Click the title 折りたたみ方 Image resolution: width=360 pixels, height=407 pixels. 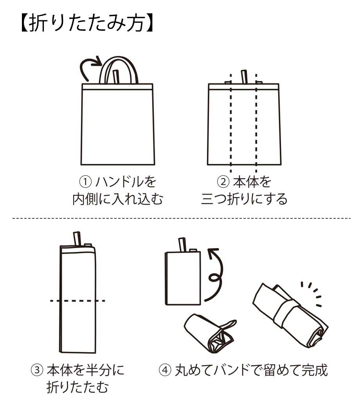point(87,23)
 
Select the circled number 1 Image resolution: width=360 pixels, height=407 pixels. point(85,182)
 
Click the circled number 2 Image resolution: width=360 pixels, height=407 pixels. point(223,182)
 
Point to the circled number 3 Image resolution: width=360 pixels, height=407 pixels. point(37,370)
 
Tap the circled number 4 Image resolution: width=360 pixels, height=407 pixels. point(165,370)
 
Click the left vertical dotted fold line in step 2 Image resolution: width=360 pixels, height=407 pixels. point(231,123)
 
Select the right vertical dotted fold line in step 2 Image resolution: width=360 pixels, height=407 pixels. point(256,123)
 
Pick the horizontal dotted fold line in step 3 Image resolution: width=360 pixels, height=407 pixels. point(77,301)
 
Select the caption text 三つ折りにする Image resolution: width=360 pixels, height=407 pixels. point(244,199)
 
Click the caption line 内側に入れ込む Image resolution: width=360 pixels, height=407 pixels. point(118,199)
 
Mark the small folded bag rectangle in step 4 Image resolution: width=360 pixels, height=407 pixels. point(183,278)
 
